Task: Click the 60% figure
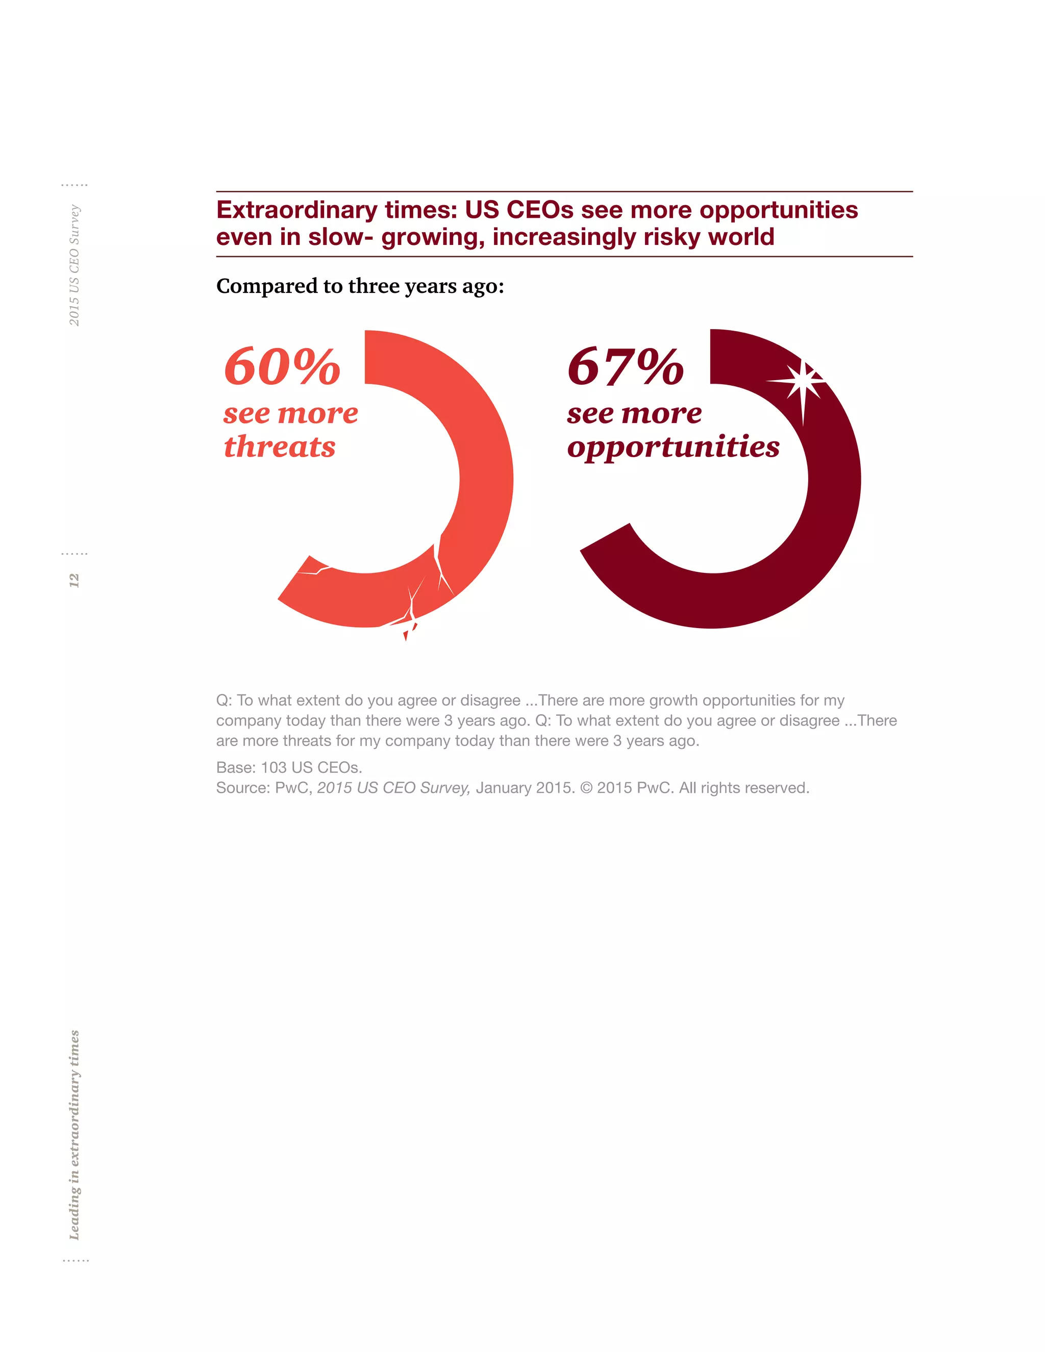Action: pos(282,366)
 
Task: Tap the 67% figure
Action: pos(626,366)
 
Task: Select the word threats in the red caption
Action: pos(279,446)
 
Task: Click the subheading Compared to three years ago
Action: pos(360,286)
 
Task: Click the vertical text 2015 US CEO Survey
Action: pos(74,265)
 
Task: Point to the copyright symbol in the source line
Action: pos(586,788)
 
